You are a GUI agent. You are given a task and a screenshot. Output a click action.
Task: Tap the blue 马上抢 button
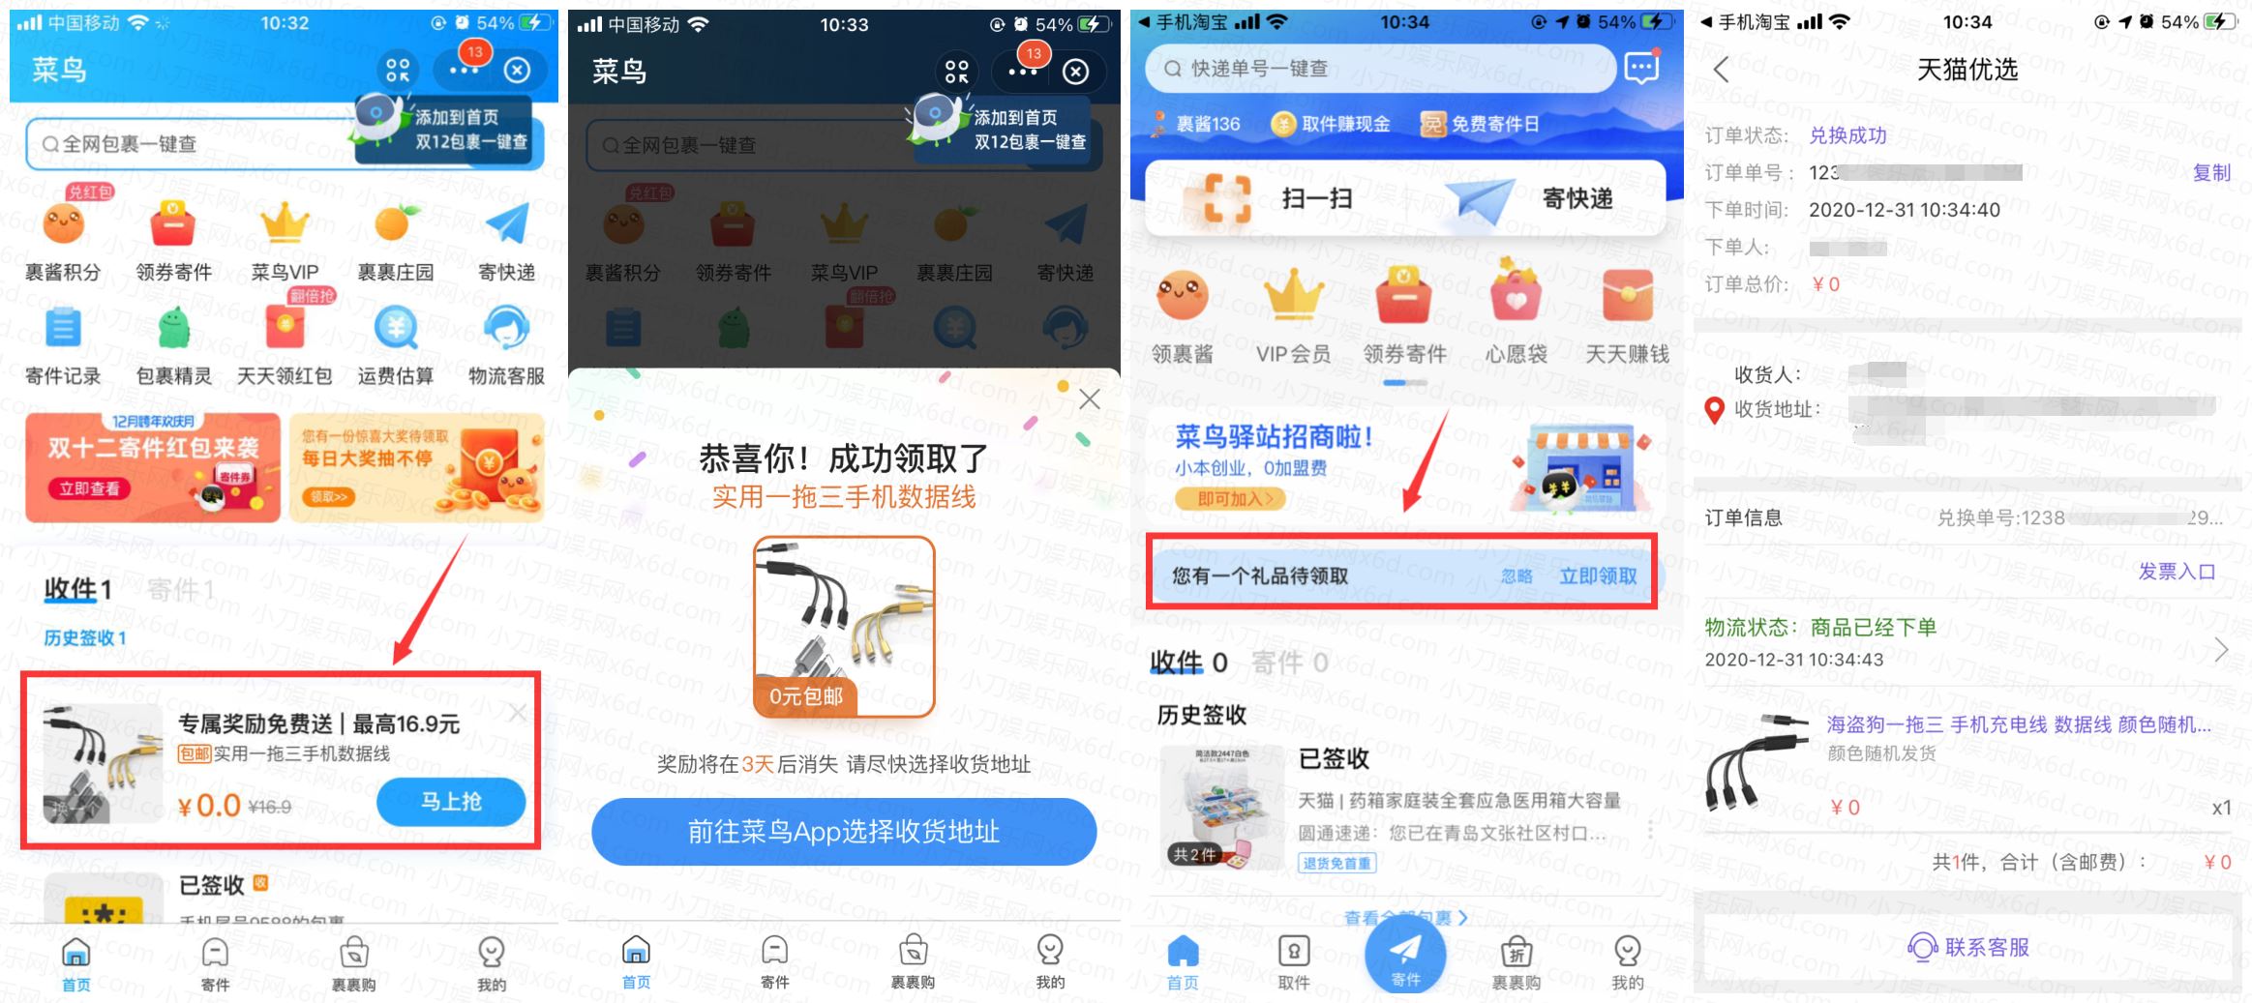[451, 802]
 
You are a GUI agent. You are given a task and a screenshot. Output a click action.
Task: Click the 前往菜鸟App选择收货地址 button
[843, 832]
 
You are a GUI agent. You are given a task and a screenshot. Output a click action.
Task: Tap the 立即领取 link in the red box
[1598, 576]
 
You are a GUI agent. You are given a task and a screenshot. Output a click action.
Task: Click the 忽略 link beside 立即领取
[1516, 576]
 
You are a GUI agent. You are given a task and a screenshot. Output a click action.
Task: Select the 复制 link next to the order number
[2210, 173]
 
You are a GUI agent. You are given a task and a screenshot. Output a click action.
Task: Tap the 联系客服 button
[1968, 947]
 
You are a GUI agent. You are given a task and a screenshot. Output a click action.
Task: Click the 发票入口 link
[2176, 572]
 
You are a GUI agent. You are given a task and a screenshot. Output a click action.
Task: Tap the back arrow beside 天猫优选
[1721, 70]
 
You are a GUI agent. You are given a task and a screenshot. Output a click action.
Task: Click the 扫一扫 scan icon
[1227, 199]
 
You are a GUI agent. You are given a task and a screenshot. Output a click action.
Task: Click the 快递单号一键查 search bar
[1379, 69]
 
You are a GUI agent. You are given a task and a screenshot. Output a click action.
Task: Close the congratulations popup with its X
[1090, 398]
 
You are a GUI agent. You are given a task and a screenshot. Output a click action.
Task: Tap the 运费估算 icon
[396, 329]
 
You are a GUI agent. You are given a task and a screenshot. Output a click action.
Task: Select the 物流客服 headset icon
[506, 329]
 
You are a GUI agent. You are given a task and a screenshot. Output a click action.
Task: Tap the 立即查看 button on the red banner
[89, 489]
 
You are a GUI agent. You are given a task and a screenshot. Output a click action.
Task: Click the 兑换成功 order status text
[1847, 135]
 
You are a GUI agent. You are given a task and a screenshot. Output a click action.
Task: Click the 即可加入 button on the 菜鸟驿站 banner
[1229, 499]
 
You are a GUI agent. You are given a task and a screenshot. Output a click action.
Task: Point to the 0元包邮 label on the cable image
[805, 696]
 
